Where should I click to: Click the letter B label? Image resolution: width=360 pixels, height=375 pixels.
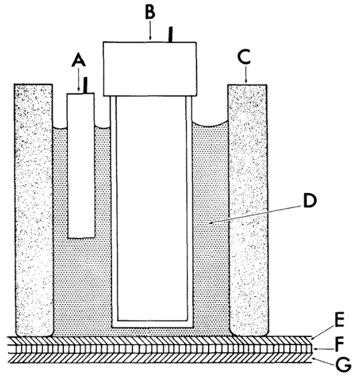tap(150, 10)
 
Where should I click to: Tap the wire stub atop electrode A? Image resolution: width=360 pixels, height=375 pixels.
tap(86, 85)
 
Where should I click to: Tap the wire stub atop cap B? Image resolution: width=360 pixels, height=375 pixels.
tap(172, 35)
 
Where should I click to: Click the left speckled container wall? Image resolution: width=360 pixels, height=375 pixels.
tap(34, 208)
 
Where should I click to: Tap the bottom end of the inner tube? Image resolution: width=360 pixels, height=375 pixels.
tap(152, 322)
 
